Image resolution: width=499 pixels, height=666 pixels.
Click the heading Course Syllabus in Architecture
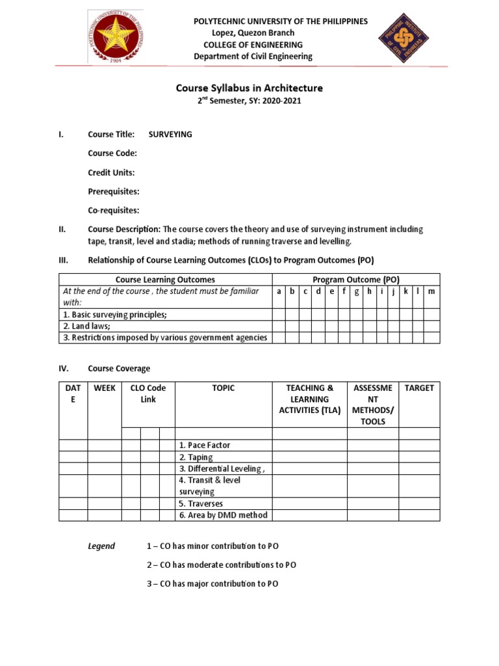coord(249,88)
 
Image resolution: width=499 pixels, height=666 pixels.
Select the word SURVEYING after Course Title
coord(170,135)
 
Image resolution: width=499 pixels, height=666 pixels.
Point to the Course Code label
coord(112,153)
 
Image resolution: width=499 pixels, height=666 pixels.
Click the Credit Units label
coord(112,172)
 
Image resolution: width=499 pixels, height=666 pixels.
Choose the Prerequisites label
coord(114,191)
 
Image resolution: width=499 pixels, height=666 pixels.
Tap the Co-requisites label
coord(114,210)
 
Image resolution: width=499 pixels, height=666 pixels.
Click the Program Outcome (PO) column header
coord(355,280)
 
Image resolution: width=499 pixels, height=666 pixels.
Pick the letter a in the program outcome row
coord(278,291)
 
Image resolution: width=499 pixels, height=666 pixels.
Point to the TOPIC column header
coord(224,388)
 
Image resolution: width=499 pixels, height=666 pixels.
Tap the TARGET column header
coord(419,388)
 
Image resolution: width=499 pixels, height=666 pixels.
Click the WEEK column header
coord(105,388)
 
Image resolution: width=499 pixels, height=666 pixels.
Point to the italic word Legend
coord(101,546)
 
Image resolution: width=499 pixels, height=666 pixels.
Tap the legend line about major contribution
coord(212,583)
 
